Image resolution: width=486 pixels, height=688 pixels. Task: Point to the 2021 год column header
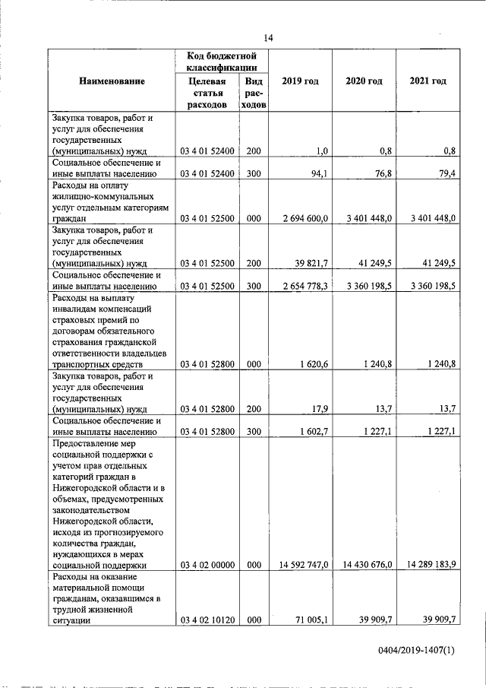coord(427,81)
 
